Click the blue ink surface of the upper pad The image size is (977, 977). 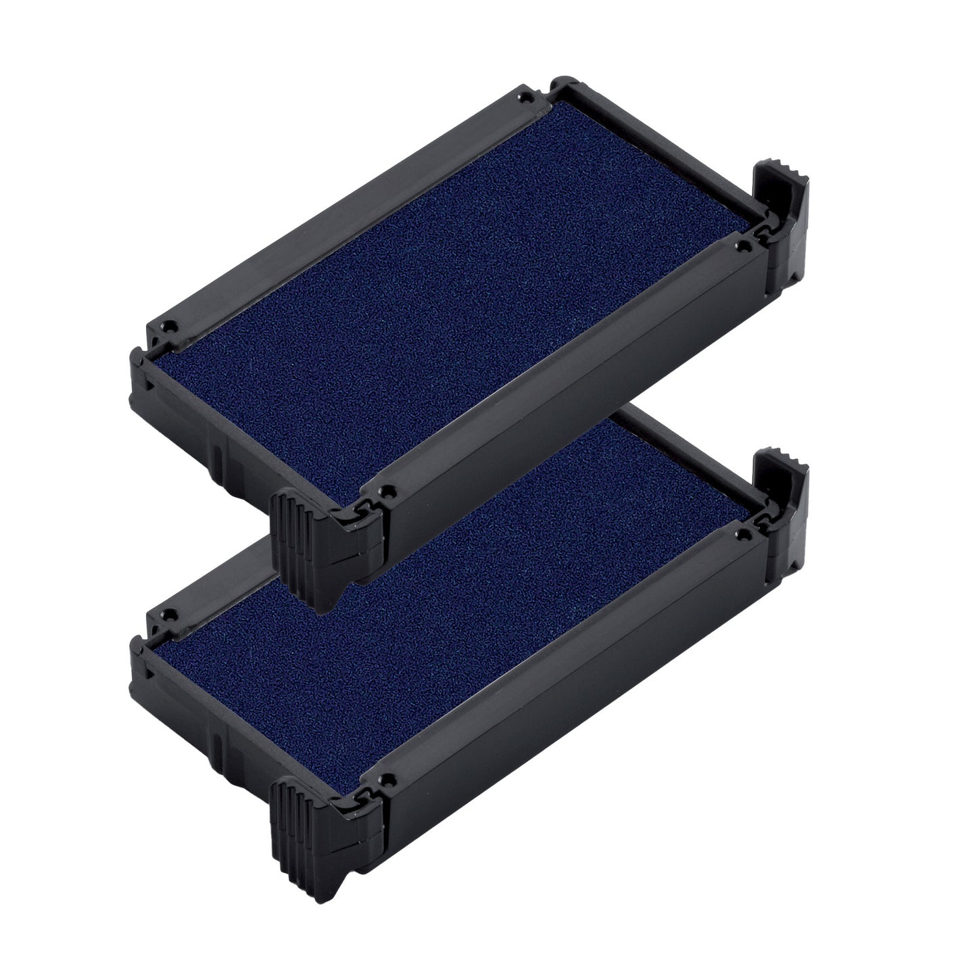[446, 284]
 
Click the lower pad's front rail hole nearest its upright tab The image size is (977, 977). [743, 534]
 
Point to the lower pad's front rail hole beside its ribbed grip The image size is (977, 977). [386, 780]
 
